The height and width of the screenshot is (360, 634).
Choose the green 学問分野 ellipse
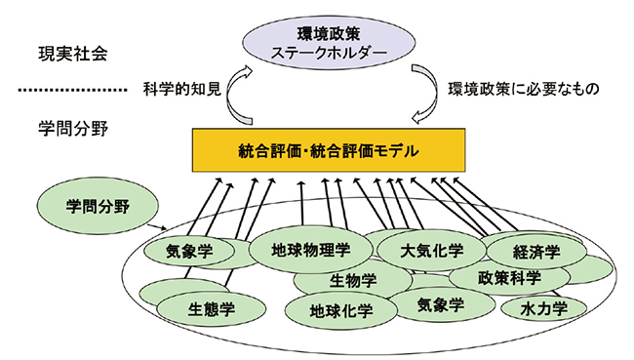point(85,208)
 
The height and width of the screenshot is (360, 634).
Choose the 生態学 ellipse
point(211,310)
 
